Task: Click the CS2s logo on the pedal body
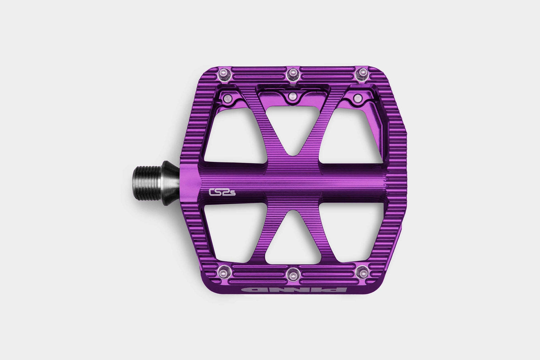[222, 192]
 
